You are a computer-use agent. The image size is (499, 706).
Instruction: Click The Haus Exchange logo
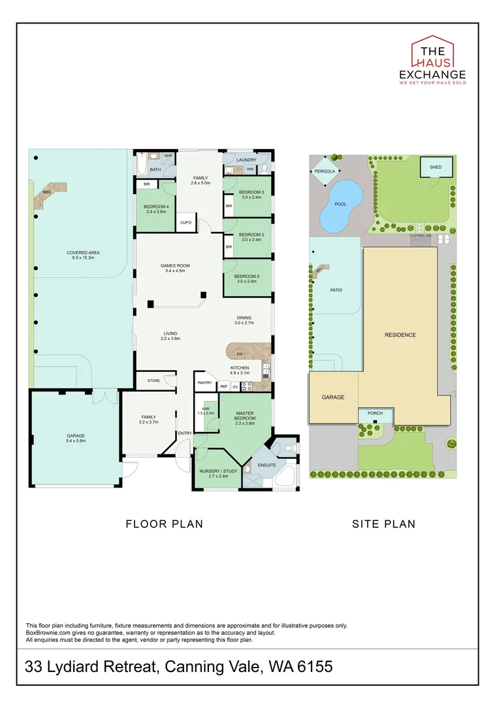pos(432,60)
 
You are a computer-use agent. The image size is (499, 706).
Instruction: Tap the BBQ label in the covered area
pos(46,192)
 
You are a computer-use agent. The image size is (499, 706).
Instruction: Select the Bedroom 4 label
pos(157,209)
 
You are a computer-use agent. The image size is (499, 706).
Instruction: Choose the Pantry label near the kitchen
pos(205,382)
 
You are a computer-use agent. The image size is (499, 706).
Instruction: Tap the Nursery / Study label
pos(218,473)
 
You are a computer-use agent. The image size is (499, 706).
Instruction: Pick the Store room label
pos(153,380)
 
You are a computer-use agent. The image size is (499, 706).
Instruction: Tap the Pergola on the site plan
pos(325,171)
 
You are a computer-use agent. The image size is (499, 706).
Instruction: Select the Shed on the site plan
pos(436,167)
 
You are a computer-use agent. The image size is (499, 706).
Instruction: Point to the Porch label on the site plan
pos(375,413)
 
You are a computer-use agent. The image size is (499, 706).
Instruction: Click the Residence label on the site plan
pos(400,335)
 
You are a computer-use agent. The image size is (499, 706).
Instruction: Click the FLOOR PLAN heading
pos(164,524)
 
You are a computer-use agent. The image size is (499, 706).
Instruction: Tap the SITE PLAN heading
pos(383,524)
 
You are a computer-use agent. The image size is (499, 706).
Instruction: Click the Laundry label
pos(246,160)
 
